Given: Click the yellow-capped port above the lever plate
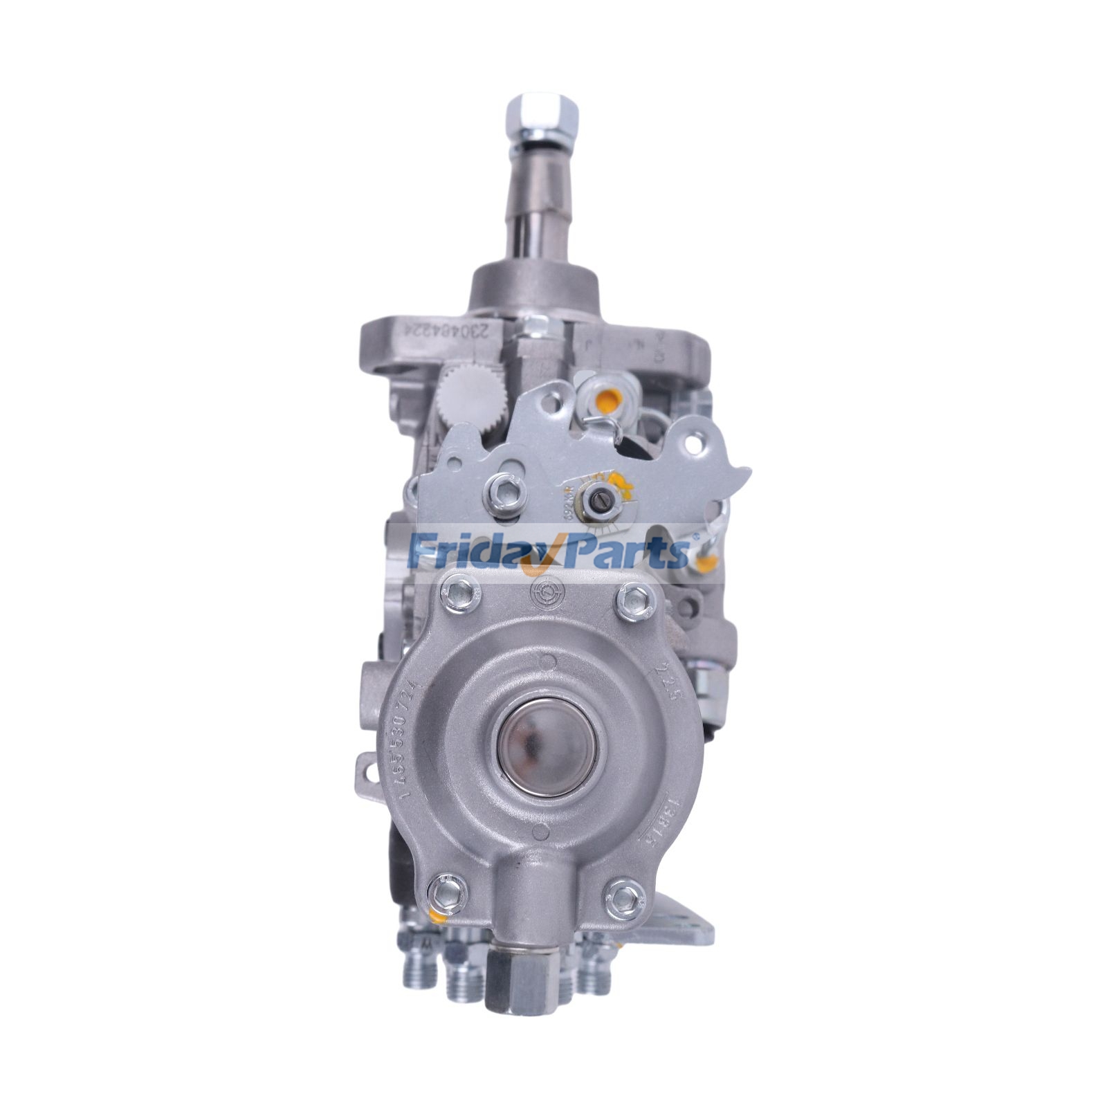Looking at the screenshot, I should point(607,399).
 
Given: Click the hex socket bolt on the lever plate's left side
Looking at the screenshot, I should point(499,491).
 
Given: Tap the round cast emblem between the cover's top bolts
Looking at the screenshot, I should point(546,592).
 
